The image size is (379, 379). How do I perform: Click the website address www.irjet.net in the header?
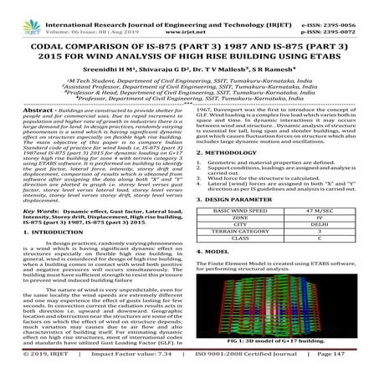(x=190, y=15)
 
